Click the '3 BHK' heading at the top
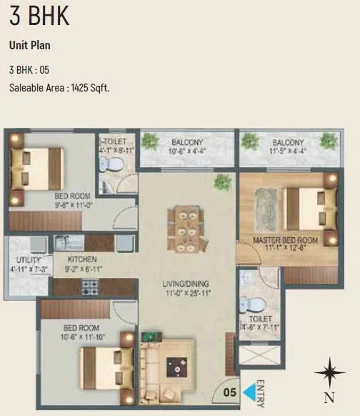point(39,16)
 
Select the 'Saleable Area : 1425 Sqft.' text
point(59,88)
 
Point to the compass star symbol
point(329,372)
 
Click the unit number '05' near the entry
point(229,392)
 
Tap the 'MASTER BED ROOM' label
point(286,240)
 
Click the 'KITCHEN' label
point(82,259)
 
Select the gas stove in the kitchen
point(89,287)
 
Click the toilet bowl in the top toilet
point(107,165)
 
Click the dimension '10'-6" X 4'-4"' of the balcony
point(187,152)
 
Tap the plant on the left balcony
point(149,140)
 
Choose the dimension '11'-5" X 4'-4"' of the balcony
point(288,152)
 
